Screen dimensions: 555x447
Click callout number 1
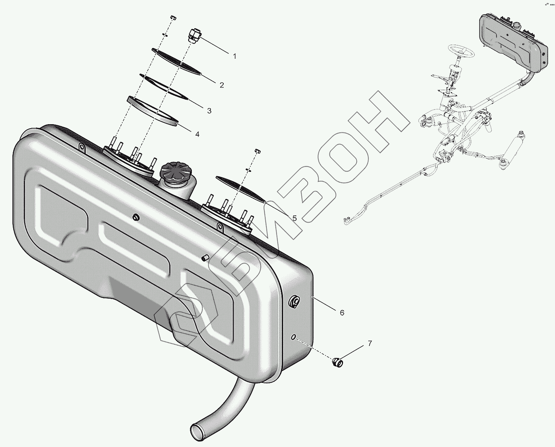235,56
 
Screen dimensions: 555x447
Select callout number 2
221,85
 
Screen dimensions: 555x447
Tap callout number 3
209,111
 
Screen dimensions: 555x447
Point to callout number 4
197,134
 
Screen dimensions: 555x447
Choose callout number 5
294,218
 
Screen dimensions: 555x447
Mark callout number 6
342,313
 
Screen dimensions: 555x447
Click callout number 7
370,343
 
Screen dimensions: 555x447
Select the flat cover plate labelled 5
241,189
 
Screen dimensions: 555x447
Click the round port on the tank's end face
294,302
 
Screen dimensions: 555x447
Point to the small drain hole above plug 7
294,337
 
